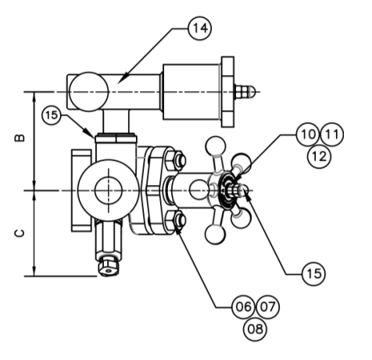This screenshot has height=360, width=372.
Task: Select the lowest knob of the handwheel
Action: tap(213, 233)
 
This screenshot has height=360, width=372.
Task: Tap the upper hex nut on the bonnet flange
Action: tap(178, 162)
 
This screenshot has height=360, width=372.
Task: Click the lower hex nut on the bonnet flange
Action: tap(178, 221)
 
